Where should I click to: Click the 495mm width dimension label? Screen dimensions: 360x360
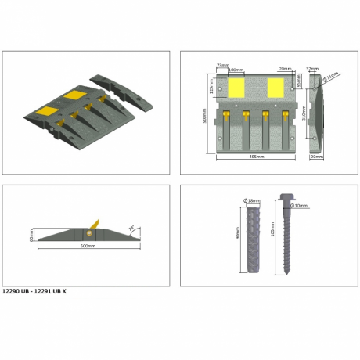point(250,157)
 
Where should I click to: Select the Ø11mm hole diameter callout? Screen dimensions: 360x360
point(332,76)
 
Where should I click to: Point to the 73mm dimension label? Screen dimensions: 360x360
point(221,66)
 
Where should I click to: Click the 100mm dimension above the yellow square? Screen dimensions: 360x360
point(234,70)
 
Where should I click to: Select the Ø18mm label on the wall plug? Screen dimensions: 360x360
point(254,201)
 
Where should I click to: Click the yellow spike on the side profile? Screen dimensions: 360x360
point(97,224)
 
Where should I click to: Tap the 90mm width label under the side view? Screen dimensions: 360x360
point(315,157)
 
